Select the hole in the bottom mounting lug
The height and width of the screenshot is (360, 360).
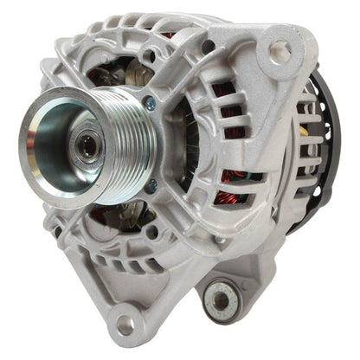125,328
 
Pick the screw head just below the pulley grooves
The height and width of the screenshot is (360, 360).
152,183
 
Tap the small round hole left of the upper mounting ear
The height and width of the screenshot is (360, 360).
224,35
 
